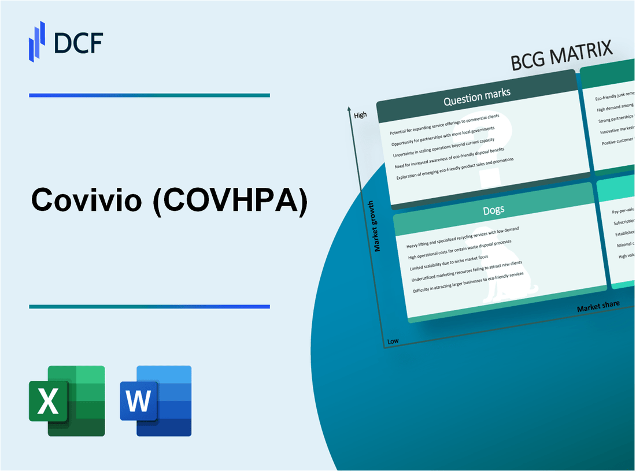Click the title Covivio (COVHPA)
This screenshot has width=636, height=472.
point(169,200)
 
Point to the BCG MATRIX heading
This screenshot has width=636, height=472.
point(561,57)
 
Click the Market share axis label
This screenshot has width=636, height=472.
point(598,306)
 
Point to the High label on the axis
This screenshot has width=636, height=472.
point(360,115)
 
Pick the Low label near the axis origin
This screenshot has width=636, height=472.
point(393,341)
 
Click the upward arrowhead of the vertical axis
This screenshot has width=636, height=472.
point(349,109)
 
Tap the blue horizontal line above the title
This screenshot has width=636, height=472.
point(149,95)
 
